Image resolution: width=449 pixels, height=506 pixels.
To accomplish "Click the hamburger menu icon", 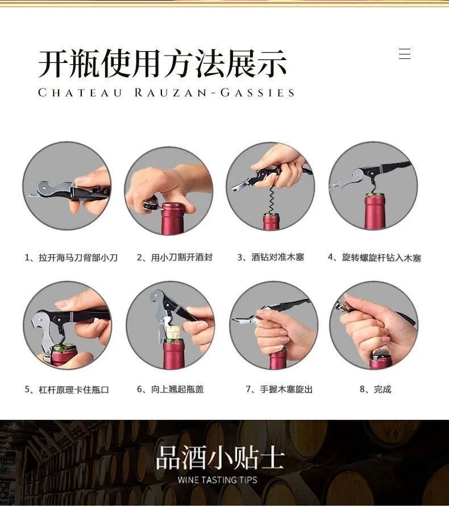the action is point(405,53).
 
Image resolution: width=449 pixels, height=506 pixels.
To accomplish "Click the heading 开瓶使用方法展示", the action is point(163,64).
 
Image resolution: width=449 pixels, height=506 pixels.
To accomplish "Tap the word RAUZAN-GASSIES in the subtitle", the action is point(214,93).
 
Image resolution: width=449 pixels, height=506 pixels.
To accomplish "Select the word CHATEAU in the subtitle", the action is point(80,93).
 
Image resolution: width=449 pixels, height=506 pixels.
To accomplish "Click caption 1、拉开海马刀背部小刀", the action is point(71,258).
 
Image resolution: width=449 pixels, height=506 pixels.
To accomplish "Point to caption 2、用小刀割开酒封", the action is point(174,257).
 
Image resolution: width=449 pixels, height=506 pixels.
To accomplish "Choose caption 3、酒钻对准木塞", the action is point(271,257).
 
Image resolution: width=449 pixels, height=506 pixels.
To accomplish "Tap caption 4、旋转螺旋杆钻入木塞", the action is point(375,258).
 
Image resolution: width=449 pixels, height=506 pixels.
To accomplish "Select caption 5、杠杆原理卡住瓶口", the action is point(67,390).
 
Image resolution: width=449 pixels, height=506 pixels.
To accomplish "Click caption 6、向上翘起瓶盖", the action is point(170,389).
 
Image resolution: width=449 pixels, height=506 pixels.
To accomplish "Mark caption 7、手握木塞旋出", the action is point(279,389).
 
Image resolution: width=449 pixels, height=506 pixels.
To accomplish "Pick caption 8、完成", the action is point(375,389).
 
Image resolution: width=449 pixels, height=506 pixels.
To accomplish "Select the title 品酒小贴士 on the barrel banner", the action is point(220,458).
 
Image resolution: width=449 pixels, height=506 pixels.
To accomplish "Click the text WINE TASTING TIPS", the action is point(217,480).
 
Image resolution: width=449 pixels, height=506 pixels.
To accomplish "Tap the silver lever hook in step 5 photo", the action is point(42,332).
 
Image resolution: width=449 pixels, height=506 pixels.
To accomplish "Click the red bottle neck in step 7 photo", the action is point(278,360).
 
